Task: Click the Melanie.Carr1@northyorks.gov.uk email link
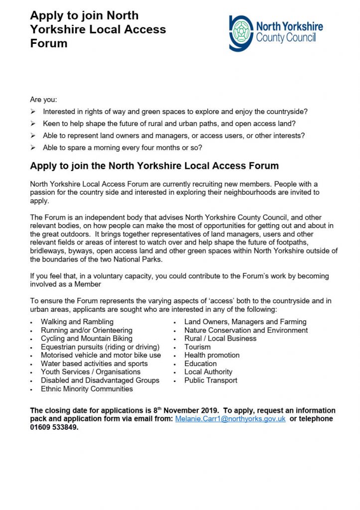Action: pyautogui.click(x=230, y=419)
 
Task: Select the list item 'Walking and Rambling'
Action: pyautogui.click(x=77, y=322)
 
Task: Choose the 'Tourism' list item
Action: pyautogui.click(x=198, y=347)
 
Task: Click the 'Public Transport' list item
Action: pyautogui.click(x=211, y=380)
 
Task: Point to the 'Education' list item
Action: pyautogui.click(x=200, y=364)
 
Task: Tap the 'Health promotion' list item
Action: pyautogui.click(x=212, y=355)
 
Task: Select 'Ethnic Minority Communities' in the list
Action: pyautogui.click(x=87, y=388)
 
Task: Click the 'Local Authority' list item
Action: pyautogui.click(x=208, y=372)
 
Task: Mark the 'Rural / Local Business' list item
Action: pyautogui.click(x=220, y=339)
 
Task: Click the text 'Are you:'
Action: pyautogui.click(x=43, y=100)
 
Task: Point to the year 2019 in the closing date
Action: pyautogui.click(x=208, y=411)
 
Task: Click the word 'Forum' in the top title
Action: pyautogui.click(x=49, y=43)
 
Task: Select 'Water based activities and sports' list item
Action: pyautogui.click(x=94, y=364)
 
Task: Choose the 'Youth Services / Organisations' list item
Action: pyautogui.click(x=91, y=372)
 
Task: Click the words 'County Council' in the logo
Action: pyautogui.click(x=286, y=38)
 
